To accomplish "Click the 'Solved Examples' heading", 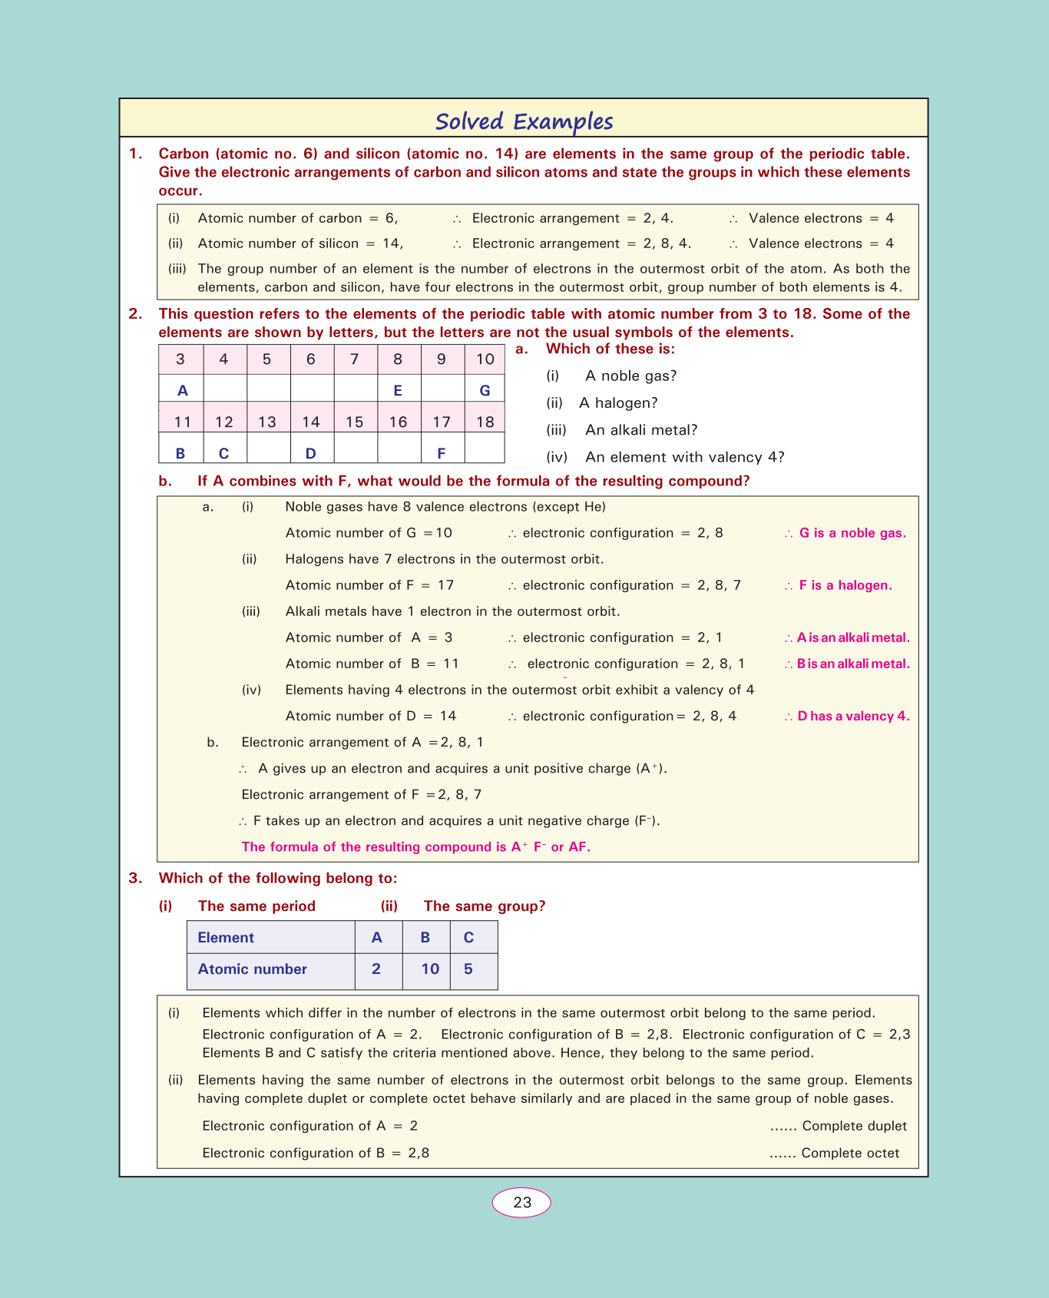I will coord(524,121).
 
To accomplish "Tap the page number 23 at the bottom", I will coord(522,1202).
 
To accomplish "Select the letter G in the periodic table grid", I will coord(485,390).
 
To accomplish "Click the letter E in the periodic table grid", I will coord(398,390).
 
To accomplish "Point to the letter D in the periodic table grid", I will coord(310,453).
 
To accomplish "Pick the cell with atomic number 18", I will coord(485,422).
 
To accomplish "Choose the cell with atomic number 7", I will coord(354,359).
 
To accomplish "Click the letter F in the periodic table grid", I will coord(441,453).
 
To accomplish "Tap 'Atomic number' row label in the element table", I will coord(252,969).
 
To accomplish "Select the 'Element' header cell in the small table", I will coord(226,938).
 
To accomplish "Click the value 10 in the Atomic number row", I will coord(430,969).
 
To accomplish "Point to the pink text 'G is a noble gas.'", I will coord(852,533).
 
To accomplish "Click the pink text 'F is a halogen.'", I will coord(845,585).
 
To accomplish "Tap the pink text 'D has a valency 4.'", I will coord(853,716).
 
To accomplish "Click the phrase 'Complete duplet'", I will coord(854,1126).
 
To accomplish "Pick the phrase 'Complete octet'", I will coord(850,1153).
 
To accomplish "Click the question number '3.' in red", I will coord(135,878).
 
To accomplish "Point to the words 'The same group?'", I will coord(485,906).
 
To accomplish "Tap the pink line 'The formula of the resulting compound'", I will coord(415,847).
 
